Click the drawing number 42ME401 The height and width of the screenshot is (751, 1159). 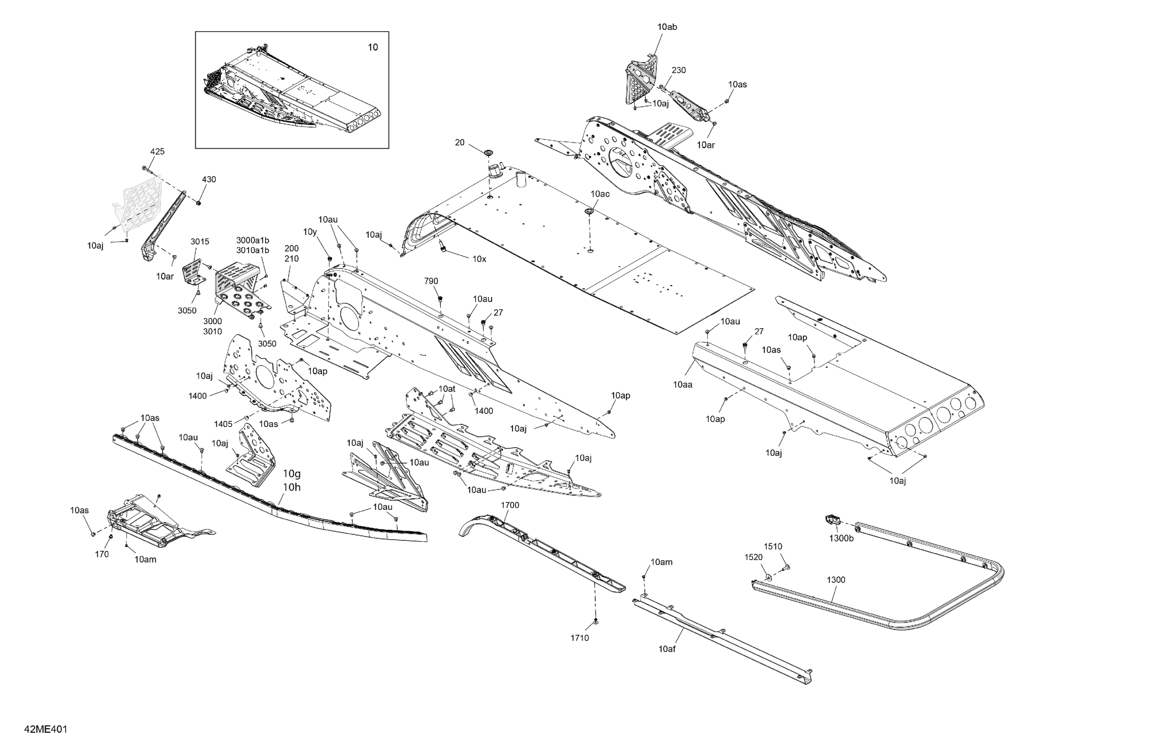click(45, 729)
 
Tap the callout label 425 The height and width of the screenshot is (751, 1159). click(157, 151)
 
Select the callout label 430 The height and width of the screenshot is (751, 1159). click(209, 179)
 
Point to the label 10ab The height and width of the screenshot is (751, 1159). click(667, 27)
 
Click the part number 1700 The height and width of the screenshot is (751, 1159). click(510, 505)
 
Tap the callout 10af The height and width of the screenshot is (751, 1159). click(667, 649)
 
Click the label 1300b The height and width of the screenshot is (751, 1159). click(841, 538)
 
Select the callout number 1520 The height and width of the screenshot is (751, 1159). click(753, 557)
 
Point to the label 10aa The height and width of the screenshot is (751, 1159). click(682, 385)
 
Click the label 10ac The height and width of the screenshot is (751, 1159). click(600, 194)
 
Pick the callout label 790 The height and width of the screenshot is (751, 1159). click(431, 281)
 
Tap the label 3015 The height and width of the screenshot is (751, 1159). click(200, 241)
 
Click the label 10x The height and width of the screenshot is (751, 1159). click(479, 259)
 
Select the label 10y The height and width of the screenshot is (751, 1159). click(310, 232)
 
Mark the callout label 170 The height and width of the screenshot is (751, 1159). click(102, 554)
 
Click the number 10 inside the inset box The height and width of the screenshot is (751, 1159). click(372, 47)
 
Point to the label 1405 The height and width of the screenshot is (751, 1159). click(223, 424)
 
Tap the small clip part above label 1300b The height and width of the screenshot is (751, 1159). click(832, 519)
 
